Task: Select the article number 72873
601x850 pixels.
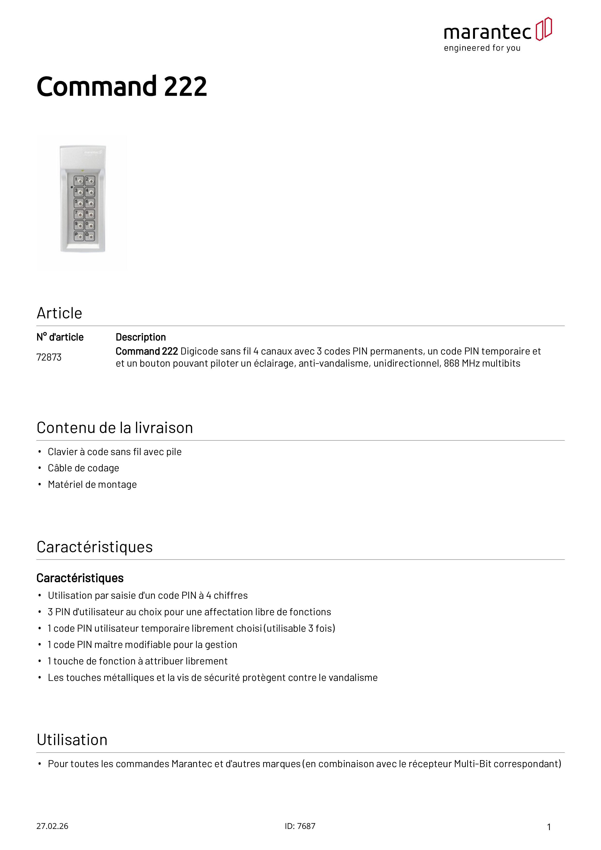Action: [x=49, y=357]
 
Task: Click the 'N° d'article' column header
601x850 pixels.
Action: [x=60, y=337]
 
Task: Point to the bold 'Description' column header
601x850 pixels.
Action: [x=141, y=337]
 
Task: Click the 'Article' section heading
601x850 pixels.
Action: [x=59, y=313]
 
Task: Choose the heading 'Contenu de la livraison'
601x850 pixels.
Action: [x=115, y=428]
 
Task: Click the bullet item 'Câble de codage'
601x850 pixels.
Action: [x=83, y=468]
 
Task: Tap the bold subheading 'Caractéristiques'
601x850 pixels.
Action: [x=80, y=578]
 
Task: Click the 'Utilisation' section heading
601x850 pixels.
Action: [x=72, y=740]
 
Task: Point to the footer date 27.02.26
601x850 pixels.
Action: [x=52, y=826]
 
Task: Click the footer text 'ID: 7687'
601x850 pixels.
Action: [x=300, y=826]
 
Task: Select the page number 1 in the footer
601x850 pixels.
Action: [x=549, y=827]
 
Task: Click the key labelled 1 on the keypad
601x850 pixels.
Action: [x=79, y=181]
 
